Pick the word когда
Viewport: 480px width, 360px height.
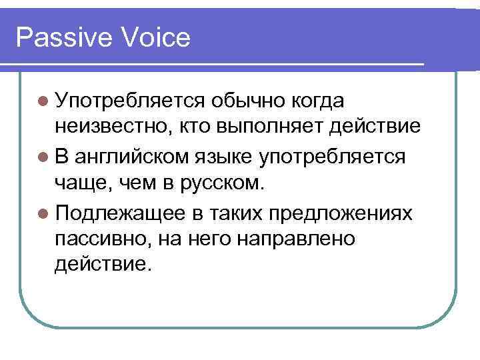pyautogui.click(x=318, y=101)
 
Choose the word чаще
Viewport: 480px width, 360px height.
pyautogui.click(x=81, y=185)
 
